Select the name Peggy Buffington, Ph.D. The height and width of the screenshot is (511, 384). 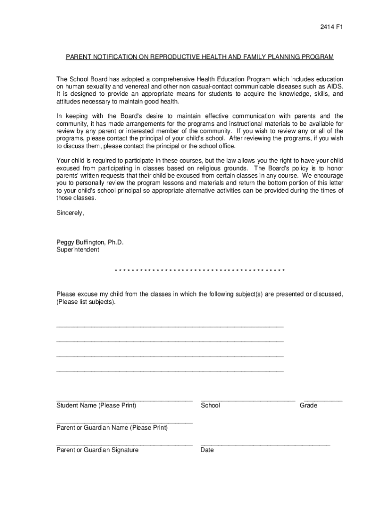pos(90,243)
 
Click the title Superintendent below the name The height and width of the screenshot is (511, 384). pos(78,250)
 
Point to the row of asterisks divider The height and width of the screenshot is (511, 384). pos(199,271)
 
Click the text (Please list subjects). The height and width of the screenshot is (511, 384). pos(85,302)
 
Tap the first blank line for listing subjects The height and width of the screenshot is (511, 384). pos(170,326)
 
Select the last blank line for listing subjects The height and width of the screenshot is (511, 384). pos(170,371)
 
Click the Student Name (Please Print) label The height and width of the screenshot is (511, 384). pos(96,406)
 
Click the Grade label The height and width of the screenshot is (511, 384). pos(308,406)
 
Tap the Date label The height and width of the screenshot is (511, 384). pos(207,450)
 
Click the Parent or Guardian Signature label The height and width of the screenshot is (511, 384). pos(97,450)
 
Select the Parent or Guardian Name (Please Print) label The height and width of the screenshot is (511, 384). pos(112,428)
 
